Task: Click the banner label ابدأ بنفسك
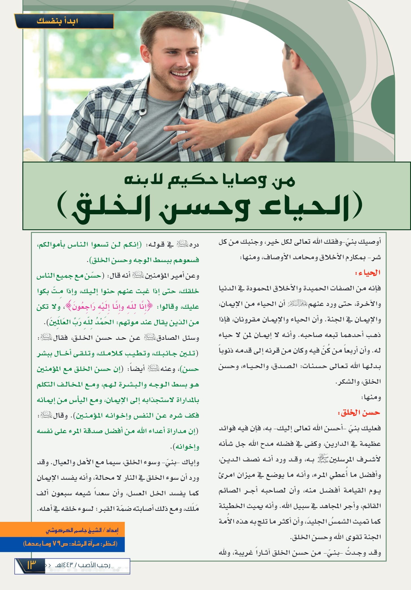[57, 21]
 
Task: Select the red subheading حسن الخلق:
[358, 413]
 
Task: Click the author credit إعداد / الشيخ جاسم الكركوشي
[82, 530]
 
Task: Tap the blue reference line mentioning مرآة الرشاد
[70, 544]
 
